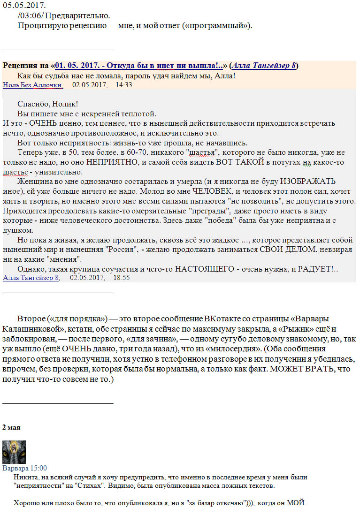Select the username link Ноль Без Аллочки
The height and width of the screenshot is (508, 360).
click(x=33, y=85)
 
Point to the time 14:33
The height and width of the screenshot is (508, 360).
click(x=123, y=85)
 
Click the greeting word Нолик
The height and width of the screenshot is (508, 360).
click(x=64, y=104)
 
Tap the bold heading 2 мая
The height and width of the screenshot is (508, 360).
click(x=12, y=428)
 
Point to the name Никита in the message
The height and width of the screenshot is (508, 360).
click(x=23, y=477)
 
